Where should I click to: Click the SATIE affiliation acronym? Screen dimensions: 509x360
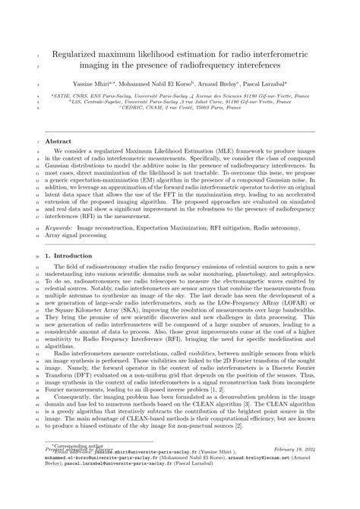pos(63,96)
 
